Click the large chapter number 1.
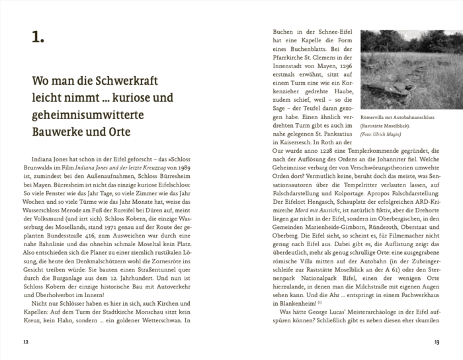38,38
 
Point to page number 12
26,342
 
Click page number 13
437,342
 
